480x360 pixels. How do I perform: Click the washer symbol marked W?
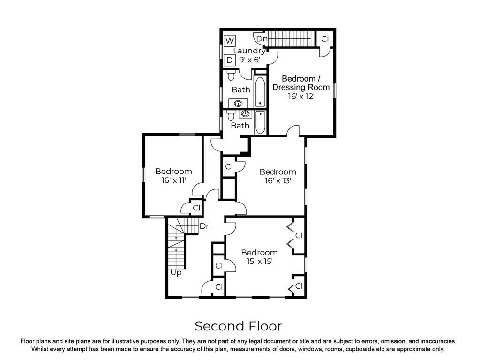click(x=230, y=41)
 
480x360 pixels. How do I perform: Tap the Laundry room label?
click(x=249, y=51)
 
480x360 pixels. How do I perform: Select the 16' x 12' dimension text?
click(x=301, y=97)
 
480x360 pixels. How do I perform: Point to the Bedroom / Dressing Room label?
click(x=301, y=83)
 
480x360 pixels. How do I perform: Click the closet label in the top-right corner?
click(x=325, y=39)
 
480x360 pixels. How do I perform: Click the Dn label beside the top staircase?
click(x=262, y=39)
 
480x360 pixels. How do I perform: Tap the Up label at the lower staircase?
click(x=176, y=272)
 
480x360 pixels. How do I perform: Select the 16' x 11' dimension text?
click(x=174, y=180)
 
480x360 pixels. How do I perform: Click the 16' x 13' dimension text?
click(x=277, y=181)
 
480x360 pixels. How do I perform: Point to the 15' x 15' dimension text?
click(x=260, y=262)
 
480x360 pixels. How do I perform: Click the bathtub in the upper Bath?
click(x=260, y=91)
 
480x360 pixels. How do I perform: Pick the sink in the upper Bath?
click(x=238, y=104)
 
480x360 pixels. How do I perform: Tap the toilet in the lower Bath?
click(x=231, y=115)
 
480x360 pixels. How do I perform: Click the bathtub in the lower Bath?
click(x=260, y=122)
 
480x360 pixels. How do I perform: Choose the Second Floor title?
click(x=238, y=326)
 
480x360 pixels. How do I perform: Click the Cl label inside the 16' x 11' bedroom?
click(x=196, y=208)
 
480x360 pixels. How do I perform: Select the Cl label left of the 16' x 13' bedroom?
click(x=229, y=167)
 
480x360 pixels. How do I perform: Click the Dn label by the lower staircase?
click(x=205, y=226)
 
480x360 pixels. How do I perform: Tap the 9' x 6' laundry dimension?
click(x=249, y=60)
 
